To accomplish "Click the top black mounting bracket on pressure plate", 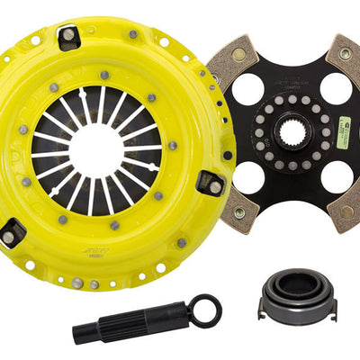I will pos(68,35).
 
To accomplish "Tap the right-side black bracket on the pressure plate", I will pos(211,184).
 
